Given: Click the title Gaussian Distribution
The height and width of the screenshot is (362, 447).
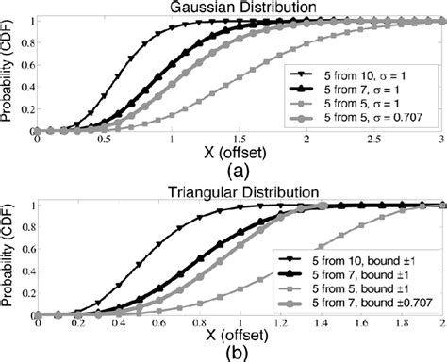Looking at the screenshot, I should [x=237, y=8].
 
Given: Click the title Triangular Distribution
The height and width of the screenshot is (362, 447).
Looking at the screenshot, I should [x=237, y=192].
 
